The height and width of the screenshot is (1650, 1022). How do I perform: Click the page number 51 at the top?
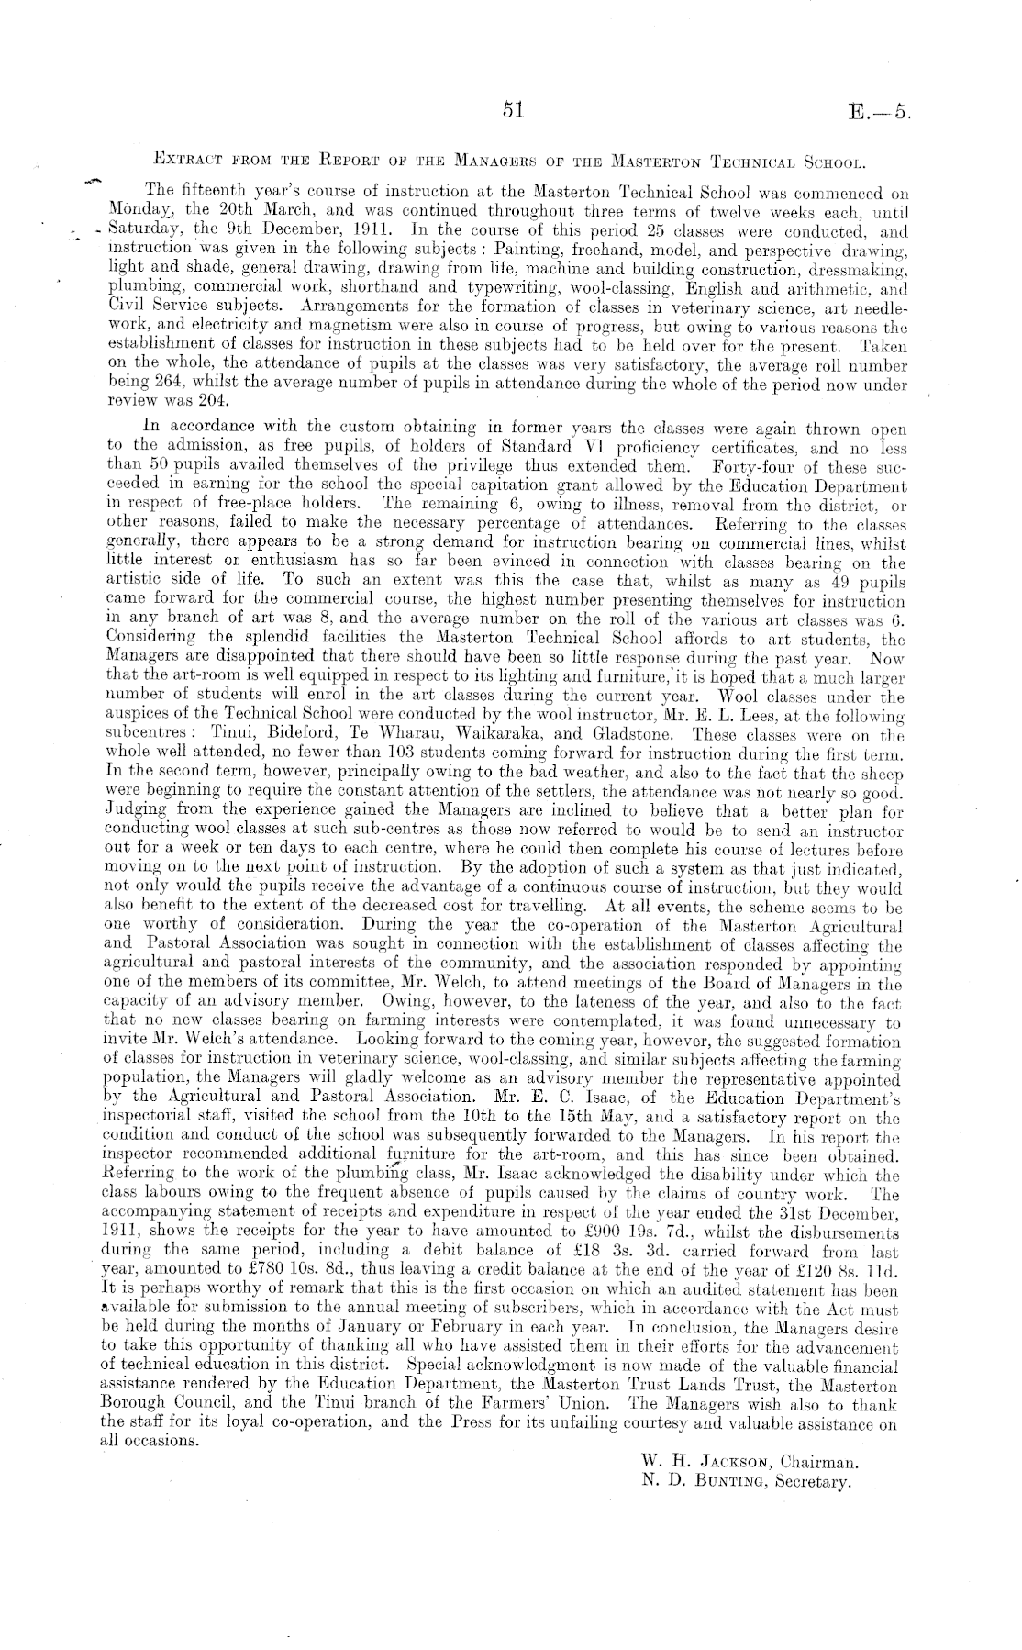512,110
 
